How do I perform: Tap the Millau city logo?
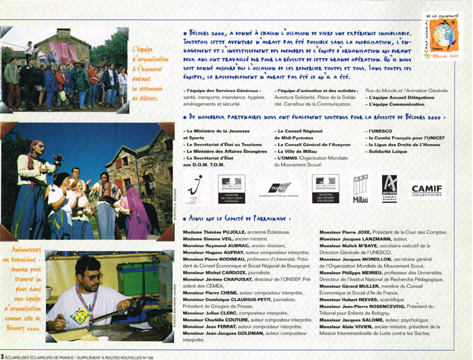360,189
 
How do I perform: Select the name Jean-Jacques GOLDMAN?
240,332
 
